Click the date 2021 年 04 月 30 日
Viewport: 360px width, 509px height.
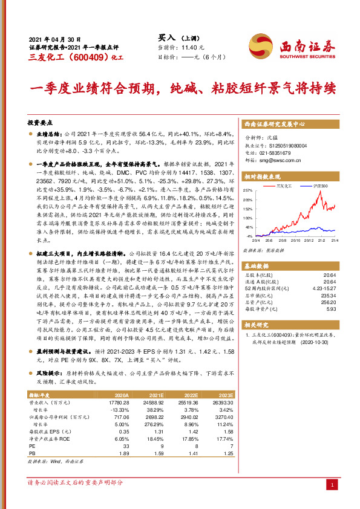pyautogui.click(x=55, y=37)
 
